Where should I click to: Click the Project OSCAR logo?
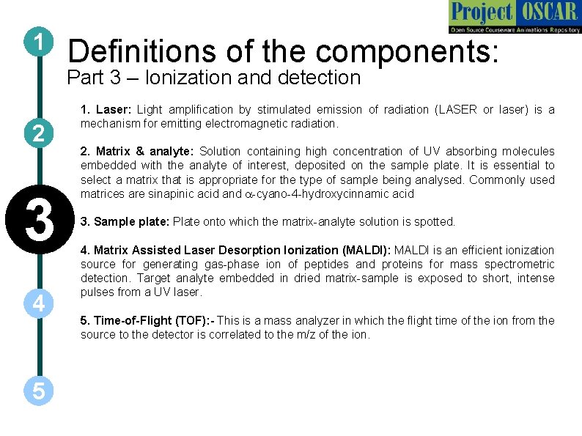click(x=515, y=16)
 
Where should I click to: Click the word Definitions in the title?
click(x=141, y=51)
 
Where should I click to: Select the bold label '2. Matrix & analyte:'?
click(x=137, y=152)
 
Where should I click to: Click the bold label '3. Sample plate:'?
click(x=125, y=221)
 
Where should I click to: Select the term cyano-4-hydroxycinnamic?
click(x=335, y=194)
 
